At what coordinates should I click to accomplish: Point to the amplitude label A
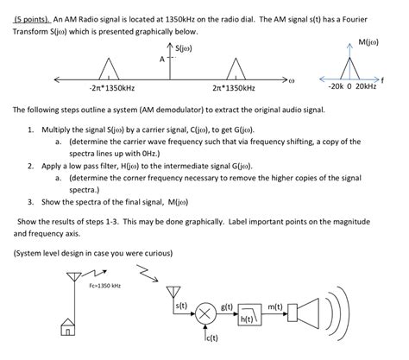coord(161,60)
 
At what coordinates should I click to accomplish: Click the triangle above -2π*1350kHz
coord(109,69)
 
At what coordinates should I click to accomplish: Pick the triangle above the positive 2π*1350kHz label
coord(234,69)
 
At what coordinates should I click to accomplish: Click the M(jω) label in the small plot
coord(368,41)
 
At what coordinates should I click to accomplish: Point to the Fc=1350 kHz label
coord(104,285)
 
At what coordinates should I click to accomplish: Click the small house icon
coord(66,327)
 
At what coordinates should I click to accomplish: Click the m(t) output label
coord(277,306)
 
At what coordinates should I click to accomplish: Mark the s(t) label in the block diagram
coord(181,306)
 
